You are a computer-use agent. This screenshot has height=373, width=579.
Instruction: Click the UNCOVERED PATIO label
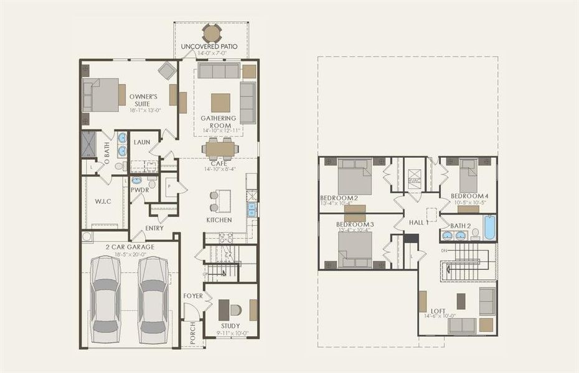tap(211, 47)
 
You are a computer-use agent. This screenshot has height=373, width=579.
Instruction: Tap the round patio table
tap(212, 32)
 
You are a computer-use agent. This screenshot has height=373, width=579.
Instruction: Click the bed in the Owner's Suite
tap(101, 94)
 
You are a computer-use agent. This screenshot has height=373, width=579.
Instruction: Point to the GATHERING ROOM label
tap(218, 121)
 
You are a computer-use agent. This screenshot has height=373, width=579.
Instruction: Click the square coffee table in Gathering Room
tap(220, 102)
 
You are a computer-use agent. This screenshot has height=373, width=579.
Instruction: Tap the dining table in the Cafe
tap(220, 149)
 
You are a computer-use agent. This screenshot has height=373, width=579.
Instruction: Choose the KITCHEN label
tap(219, 220)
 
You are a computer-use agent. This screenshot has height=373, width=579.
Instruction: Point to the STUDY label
tap(230, 326)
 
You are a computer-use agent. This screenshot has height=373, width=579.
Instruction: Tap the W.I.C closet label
tap(102, 201)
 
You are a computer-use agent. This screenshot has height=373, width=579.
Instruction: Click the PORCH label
tap(192, 333)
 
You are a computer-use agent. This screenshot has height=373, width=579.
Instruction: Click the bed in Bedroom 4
tap(468, 177)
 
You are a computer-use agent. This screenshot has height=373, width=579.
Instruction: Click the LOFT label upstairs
tap(437, 311)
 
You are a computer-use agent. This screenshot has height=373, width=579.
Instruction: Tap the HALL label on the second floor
tap(416, 222)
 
